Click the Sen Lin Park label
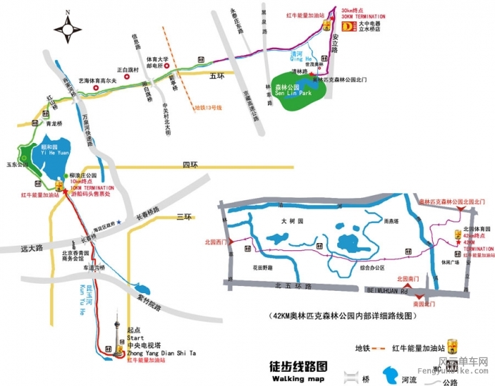[294, 94]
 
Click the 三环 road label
[184, 216]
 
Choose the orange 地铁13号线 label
[209, 108]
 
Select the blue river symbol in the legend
[389, 373]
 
